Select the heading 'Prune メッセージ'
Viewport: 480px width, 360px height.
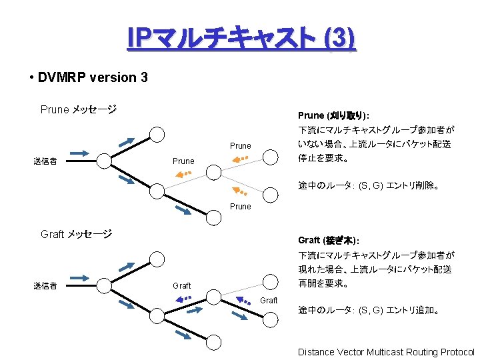coord(79,109)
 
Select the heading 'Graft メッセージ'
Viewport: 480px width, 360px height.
coord(76,234)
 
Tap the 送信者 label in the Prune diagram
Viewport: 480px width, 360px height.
coord(45,161)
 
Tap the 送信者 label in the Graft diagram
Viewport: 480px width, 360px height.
coord(45,286)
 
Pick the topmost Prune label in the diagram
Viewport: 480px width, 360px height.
coord(241,146)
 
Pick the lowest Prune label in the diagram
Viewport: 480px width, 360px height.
coord(241,207)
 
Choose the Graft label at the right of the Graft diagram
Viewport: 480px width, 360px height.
coord(269,301)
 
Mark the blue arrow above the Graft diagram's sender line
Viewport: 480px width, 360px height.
coord(79,277)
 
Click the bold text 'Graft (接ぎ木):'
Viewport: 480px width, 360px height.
coord(329,240)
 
